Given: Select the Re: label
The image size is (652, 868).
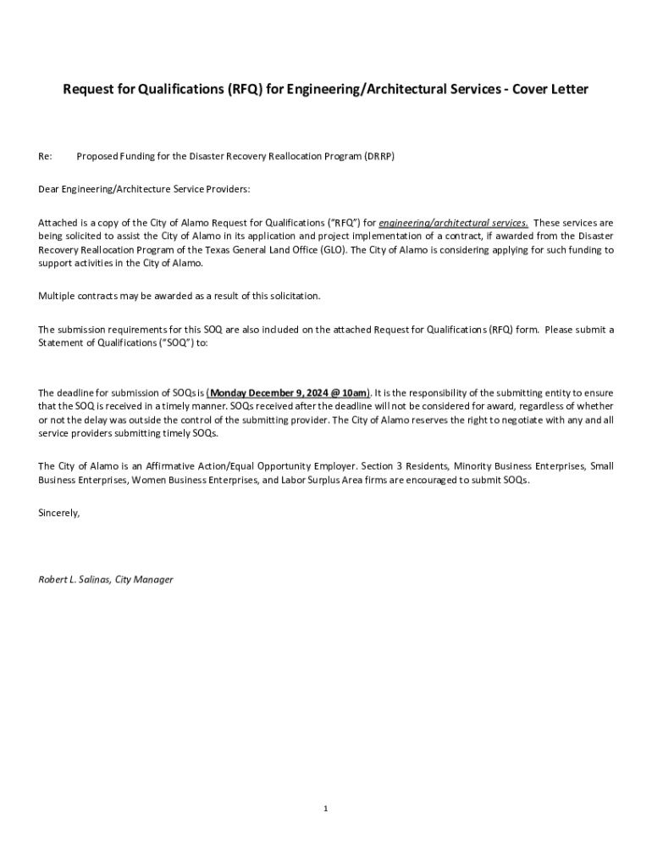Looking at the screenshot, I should [46, 157].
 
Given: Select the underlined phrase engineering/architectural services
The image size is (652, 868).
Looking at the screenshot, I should [453, 222].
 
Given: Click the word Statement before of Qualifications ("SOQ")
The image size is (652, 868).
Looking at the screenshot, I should [61, 342].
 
